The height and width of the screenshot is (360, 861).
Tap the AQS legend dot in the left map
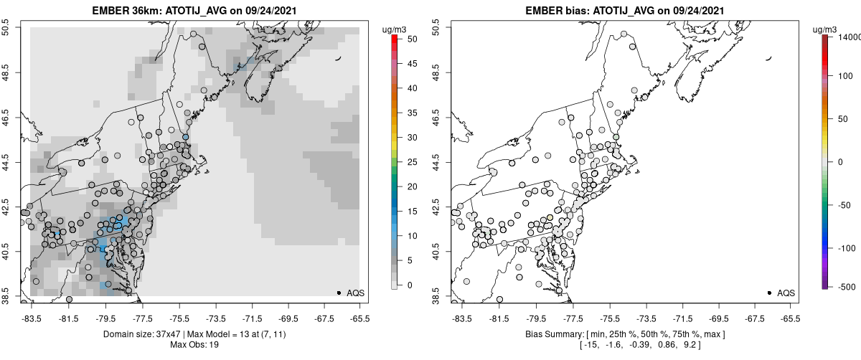tap(339, 293)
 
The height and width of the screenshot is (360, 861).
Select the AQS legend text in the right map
tap(786, 293)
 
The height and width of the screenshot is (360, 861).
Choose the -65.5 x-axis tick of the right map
tap(790, 318)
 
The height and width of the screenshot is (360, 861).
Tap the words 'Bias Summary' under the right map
tap(552, 334)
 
